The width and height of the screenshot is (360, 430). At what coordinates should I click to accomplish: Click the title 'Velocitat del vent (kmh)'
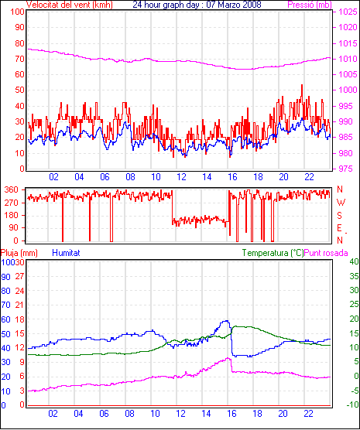pos(69,5)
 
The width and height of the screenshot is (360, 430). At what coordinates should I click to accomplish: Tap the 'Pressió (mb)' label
pos(310,5)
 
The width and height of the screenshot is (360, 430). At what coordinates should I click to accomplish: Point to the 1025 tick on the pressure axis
pos(348,12)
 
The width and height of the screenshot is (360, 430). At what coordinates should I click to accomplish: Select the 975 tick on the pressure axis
pos(346,169)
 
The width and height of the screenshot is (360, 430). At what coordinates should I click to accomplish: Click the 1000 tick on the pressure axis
pos(348,90)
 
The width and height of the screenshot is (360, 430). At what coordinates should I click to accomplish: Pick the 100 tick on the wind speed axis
pos(17,12)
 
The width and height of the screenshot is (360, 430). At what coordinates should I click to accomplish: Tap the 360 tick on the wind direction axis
pos(12,189)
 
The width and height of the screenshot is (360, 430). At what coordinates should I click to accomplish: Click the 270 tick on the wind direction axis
pos(12,203)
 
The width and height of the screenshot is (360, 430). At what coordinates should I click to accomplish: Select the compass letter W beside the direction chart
pos(341,203)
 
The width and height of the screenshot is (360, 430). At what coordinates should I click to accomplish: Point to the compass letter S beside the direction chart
pos(339,216)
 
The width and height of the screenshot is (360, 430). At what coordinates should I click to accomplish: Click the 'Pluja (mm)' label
pos(19,253)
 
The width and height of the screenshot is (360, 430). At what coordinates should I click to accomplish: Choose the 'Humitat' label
pos(66,253)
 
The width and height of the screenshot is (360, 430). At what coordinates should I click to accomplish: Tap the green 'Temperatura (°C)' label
pos(273,253)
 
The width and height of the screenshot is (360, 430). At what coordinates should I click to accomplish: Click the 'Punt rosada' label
pos(326,253)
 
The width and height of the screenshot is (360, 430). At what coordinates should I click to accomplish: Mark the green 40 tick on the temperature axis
pos(354,261)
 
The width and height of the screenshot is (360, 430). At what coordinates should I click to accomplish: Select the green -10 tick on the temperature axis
pos(352,404)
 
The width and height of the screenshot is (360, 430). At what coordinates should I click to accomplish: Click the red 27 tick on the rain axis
pos(20,276)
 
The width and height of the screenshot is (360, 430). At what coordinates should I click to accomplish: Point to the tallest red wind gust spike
pos(302,86)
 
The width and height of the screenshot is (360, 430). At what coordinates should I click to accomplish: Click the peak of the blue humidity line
pos(227,321)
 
